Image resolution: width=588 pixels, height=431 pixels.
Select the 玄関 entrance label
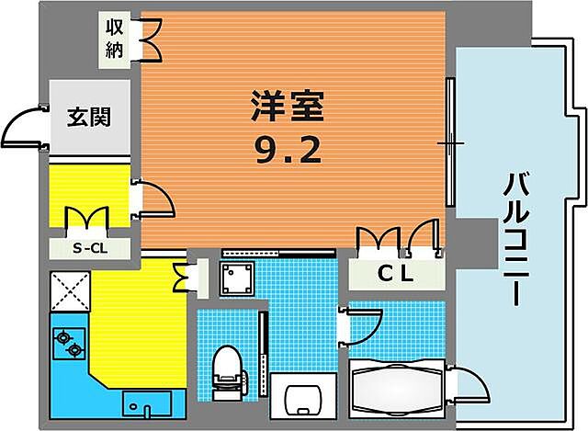[89, 117]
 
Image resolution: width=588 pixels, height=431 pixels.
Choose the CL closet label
[396, 273]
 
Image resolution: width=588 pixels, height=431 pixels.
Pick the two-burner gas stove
[69, 345]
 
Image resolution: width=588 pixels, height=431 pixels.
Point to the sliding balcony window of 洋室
[449, 143]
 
